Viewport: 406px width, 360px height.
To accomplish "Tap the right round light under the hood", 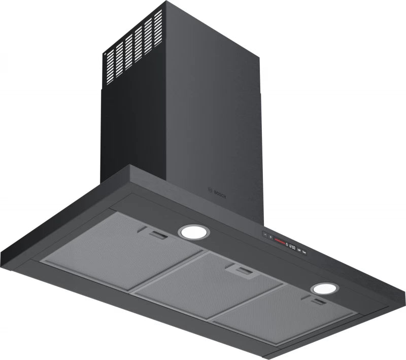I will pyautogui.click(x=324, y=288).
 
